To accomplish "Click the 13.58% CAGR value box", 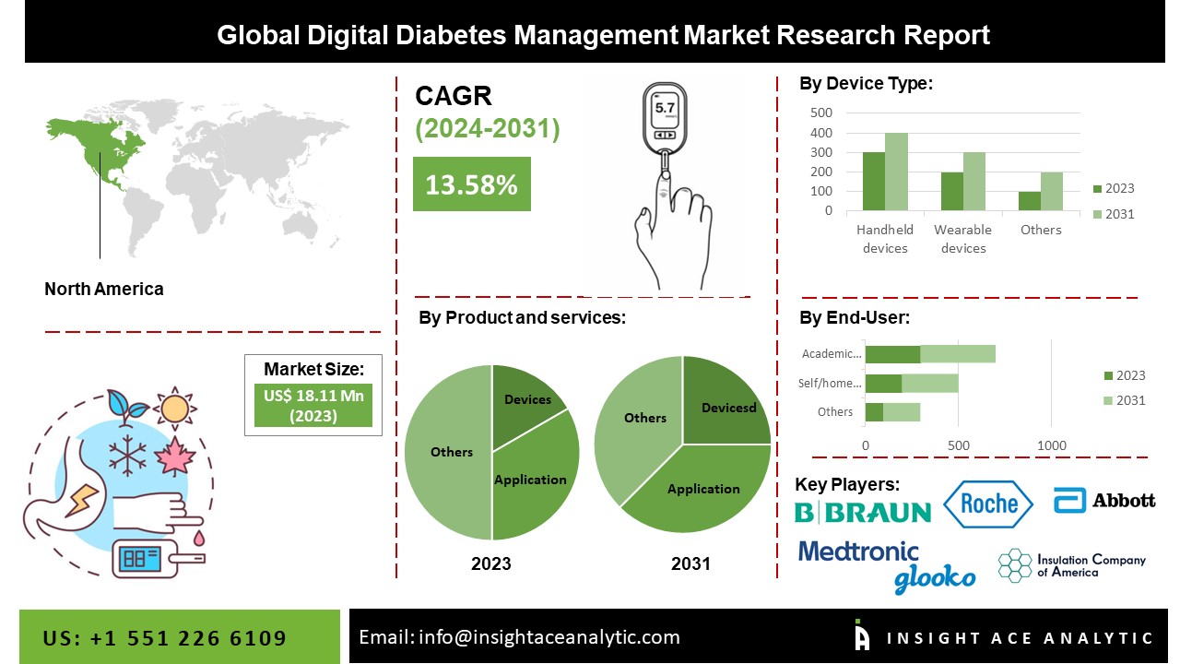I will click(x=471, y=184).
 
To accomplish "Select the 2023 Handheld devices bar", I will click(x=874, y=182).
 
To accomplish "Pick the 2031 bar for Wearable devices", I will click(x=974, y=182).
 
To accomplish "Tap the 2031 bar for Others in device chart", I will click(x=1052, y=192).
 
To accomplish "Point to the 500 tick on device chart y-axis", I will click(x=821, y=113).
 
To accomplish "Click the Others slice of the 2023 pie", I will click(x=450, y=452).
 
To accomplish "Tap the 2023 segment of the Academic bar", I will click(x=892, y=354).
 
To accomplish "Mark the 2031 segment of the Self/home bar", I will click(x=930, y=383).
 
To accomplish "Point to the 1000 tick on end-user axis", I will click(x=1052, y=445).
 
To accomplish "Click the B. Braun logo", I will click(x=863, y=511).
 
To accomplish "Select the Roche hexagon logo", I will click(x=988, y=504).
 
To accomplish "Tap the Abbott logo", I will click(x=1104, y=500).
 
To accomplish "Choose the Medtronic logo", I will click(x=858, y=551).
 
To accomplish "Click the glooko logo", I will click(x=934, y=578).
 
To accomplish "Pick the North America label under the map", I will click(x=104, y=289).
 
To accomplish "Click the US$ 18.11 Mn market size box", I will click(x=313, y=406).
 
